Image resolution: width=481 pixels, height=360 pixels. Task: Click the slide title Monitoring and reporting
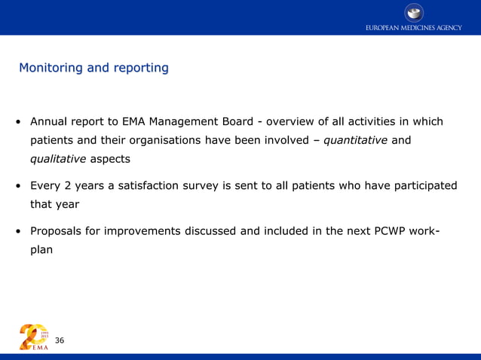[x=93, y=68]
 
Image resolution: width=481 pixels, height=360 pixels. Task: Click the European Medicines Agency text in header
[x=414, y=28]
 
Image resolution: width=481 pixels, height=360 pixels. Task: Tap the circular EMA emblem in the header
[x=414, y=11]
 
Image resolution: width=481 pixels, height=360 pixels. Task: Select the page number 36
[x=60, y=341]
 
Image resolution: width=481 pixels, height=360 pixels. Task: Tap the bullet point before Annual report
[x=17, y=122]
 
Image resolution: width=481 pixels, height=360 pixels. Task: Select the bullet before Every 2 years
[x=17, y=186]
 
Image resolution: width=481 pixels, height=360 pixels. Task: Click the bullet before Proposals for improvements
[x=17, y=231]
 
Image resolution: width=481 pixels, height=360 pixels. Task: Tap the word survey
[x=222, y=185]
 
